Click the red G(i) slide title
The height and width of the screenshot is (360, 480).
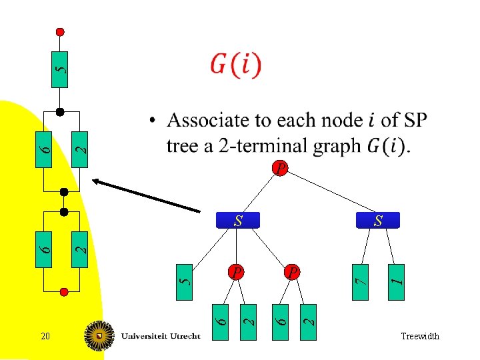coord(236,65)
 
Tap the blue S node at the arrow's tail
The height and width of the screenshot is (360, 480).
coord(238,220)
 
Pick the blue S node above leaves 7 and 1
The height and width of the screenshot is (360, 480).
coord(378,220)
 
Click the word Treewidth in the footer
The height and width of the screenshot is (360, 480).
coord(420,337)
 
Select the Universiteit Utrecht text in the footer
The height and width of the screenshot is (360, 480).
coord(160,337)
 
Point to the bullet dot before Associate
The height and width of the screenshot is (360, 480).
coord(153,121)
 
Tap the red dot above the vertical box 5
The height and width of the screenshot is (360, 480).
coord(60,31)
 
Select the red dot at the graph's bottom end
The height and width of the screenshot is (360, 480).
coord(65,291)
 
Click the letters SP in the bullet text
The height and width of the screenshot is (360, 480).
coord(415,121)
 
